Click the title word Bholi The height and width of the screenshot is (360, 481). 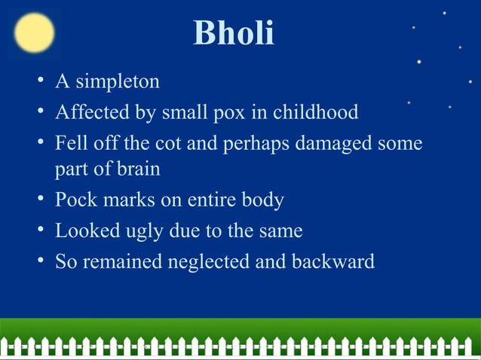(x=234, y=34)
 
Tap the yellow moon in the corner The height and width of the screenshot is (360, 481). (x=34, y=34)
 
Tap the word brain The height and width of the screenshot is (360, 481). (x=139, y=169)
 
